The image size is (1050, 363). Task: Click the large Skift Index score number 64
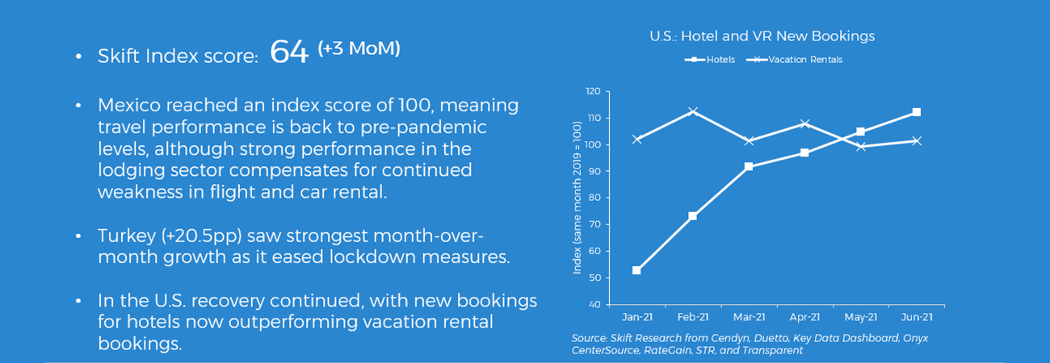pos(289,52)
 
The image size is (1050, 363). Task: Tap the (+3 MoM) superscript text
pos(359,48)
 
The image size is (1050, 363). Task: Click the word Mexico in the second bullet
pos(129,106)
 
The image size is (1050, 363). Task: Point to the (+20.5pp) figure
pos(202,236)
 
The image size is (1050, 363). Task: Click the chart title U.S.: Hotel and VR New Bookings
pos(762,36)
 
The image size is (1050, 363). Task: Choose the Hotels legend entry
pos(710,60)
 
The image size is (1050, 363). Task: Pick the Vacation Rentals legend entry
pos(795,60)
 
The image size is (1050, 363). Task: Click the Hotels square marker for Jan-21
pos(636,270)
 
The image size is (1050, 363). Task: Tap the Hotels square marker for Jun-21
pos(917,112)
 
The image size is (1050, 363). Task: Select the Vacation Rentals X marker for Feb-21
pos(693,111)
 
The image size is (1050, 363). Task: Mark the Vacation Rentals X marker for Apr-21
pos(804,123)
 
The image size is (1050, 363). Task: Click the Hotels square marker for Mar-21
pos(749,167)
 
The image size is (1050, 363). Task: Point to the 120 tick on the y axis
pos(593,91)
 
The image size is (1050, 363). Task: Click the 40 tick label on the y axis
pos(594,304)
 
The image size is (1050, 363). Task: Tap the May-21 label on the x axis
pos(861,317)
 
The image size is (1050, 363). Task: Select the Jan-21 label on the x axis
pos(637,317)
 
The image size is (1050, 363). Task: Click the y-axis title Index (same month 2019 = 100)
pos(577,198)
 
